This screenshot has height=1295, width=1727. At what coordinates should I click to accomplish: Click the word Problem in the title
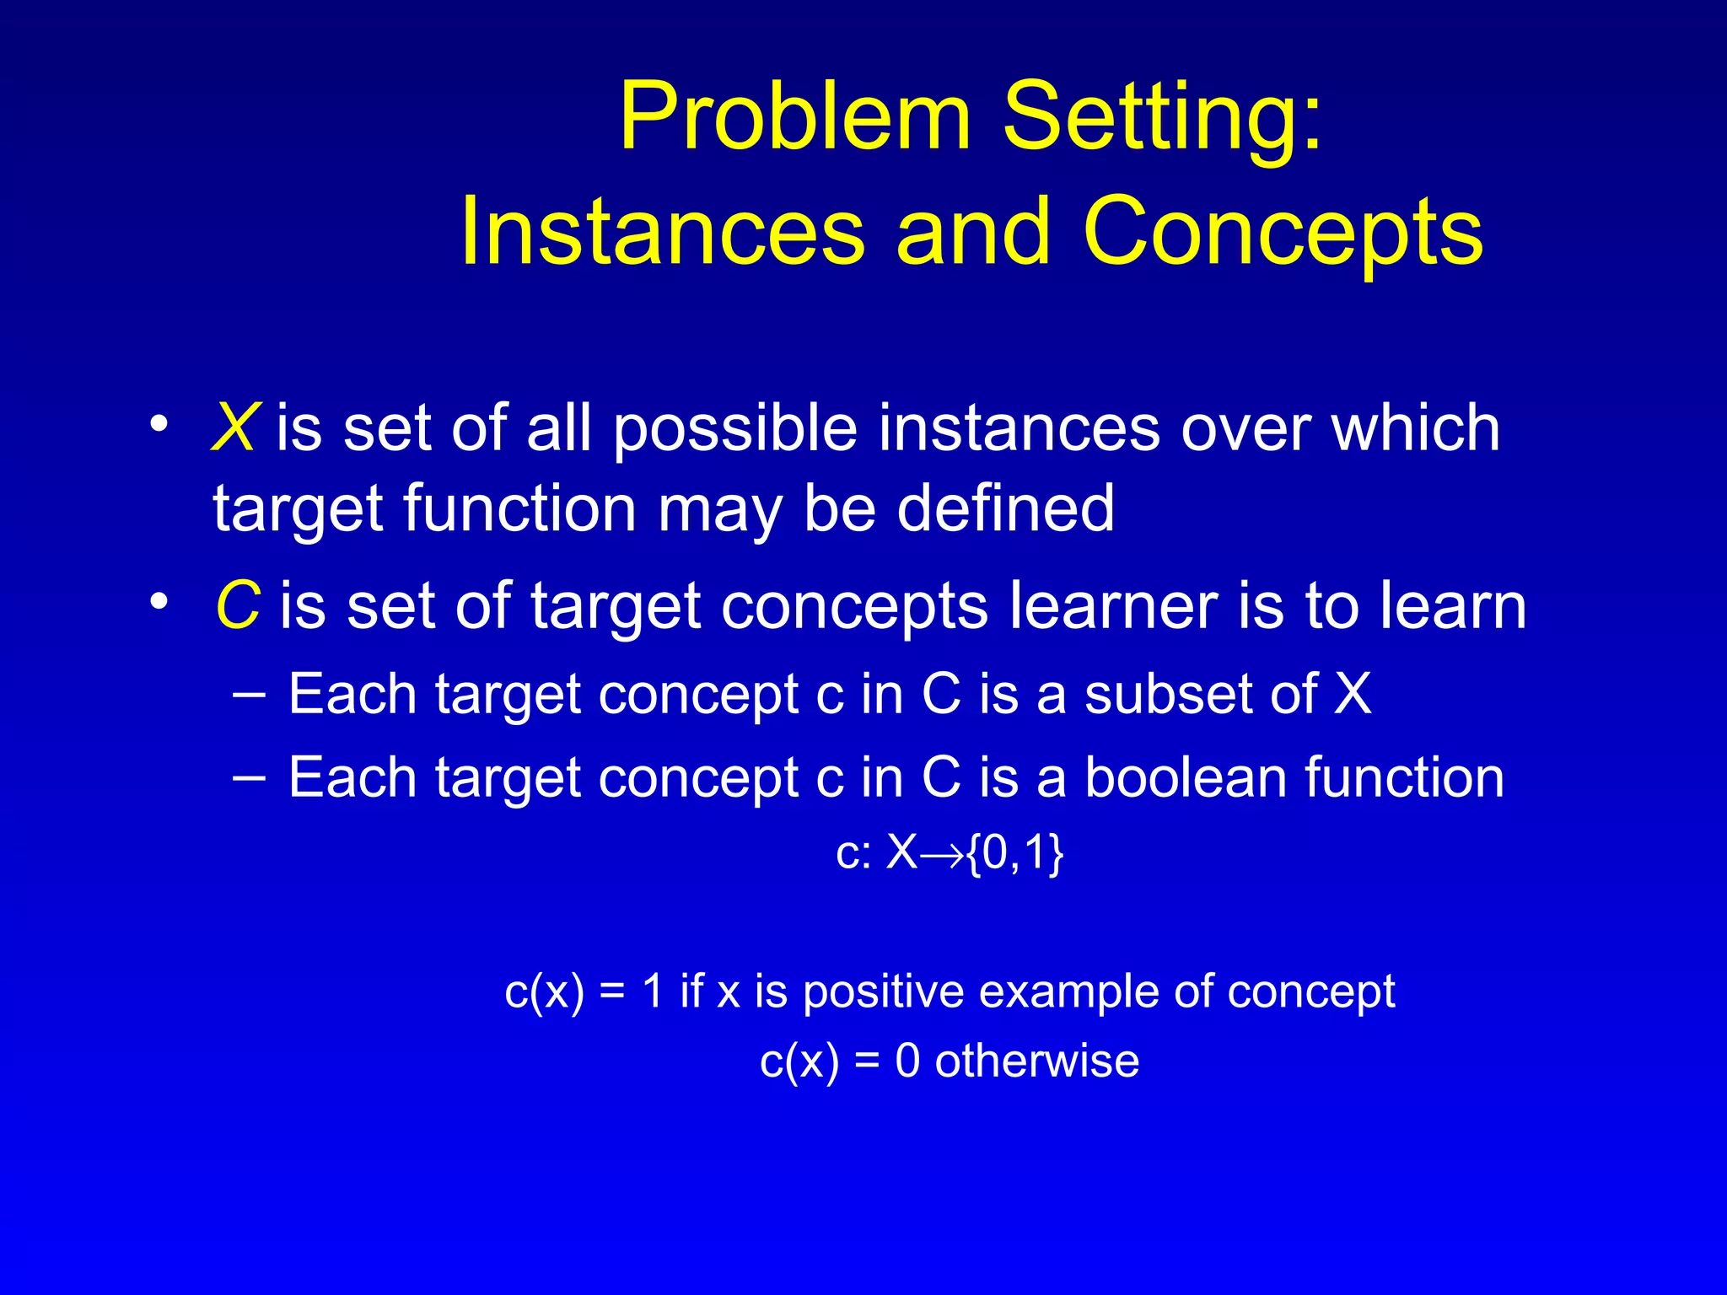(x=794, y=118)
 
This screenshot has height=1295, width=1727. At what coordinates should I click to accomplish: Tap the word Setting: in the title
(x=1164, y=118)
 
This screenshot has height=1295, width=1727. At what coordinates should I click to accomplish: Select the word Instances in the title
(x=663, y=232)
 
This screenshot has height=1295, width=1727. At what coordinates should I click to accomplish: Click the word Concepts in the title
(x=1283, y=232)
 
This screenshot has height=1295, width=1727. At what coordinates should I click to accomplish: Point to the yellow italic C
(x=237, y=605)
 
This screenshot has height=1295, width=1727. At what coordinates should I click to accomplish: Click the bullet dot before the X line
(x=158, y=424)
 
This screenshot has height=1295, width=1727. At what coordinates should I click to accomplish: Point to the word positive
(x=883, y=991)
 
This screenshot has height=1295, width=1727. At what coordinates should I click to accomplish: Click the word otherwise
(x=1036, y=1061)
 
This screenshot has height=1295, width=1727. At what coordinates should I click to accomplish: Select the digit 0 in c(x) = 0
(x=907, y=1061)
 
